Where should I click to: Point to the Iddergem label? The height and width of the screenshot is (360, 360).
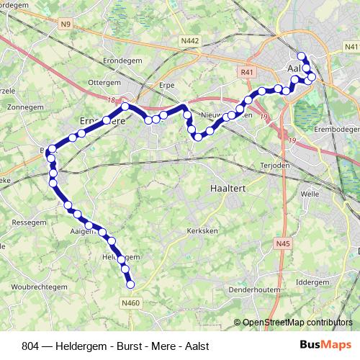(312, 282)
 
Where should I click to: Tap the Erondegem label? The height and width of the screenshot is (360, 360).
(120, 60)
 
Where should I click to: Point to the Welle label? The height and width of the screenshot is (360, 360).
(310, 194)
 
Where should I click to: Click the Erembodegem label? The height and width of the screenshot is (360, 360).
(336, 129)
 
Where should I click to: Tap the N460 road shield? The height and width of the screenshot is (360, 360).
(130, 303)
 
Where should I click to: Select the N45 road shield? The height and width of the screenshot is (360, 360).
(283, 245)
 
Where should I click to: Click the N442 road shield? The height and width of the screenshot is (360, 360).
(190, 41)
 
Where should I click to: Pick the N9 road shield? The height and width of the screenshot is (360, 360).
(66, 24)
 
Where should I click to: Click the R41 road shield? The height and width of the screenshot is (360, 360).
(248, 72)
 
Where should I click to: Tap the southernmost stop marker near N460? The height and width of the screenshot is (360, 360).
(131, 284)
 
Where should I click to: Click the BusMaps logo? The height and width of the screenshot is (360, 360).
(326, 344)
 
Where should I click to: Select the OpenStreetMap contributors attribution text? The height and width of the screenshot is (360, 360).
(297, 323)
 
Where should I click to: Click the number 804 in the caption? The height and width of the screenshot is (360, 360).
(31, 345)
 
